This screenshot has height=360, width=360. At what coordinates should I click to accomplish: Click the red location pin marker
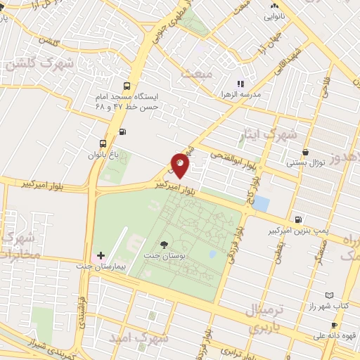click(181, 165)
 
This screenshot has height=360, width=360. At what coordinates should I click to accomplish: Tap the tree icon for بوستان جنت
click(164, 245)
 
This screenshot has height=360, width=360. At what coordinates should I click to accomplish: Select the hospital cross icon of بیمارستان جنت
click(101, 255)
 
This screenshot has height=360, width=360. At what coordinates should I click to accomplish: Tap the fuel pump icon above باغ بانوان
click(124, 131)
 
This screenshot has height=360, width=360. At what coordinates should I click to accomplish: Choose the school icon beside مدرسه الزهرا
click(240, 83)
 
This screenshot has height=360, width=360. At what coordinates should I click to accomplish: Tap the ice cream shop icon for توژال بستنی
click(305, 152)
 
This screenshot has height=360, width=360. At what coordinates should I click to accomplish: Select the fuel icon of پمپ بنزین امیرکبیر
click(300, 219)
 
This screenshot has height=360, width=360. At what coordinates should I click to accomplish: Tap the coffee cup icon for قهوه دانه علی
click(334, 325)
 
